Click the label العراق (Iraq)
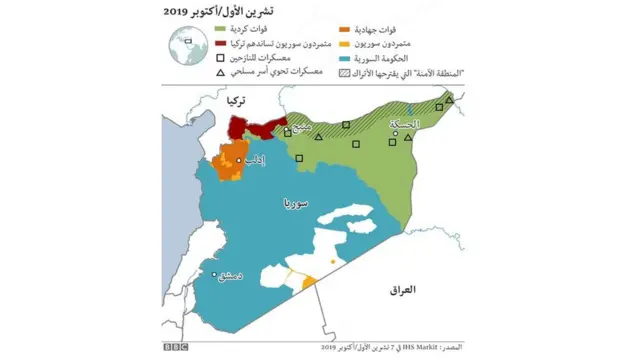point(401,289)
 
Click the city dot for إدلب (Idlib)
point(238,159)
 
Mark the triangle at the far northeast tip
point(449,99)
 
